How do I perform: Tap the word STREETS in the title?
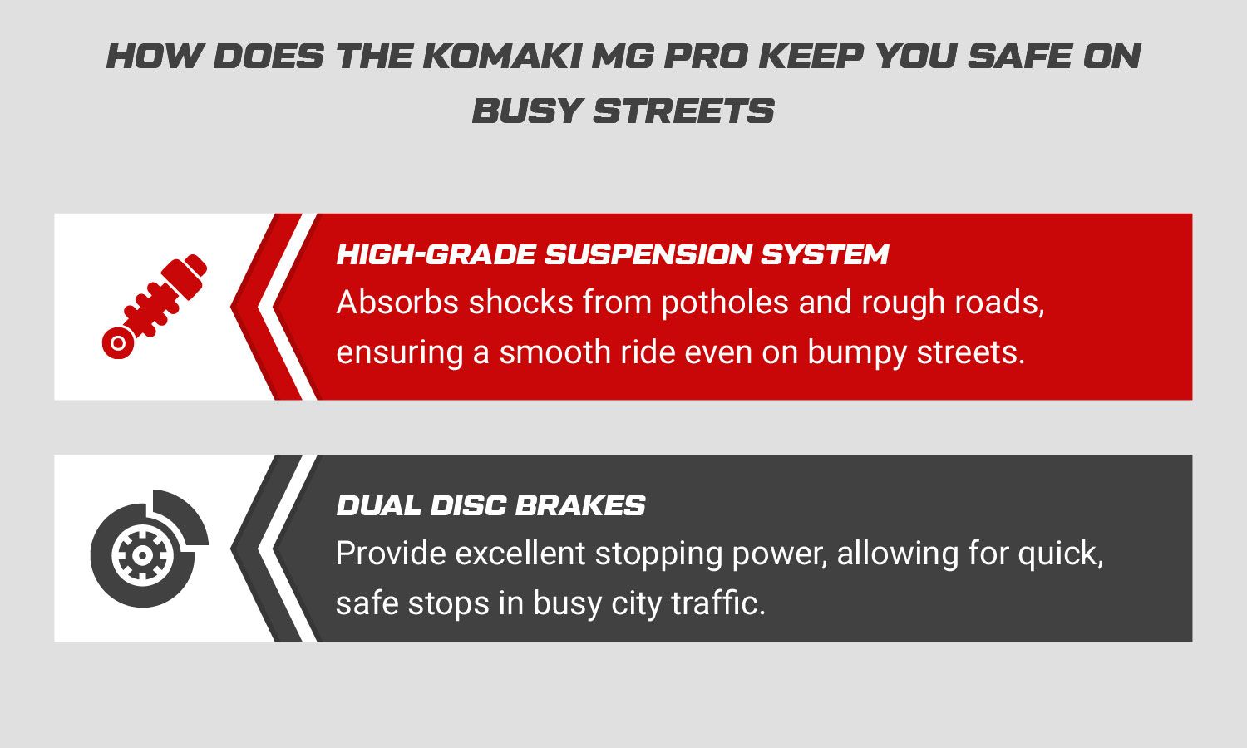tap(683, 111)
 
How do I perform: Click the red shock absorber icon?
tap(154, 306)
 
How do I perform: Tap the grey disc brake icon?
tap(149, 549)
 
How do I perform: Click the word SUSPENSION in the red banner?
tap(648, 255)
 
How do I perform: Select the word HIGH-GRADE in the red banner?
tap(436, 255)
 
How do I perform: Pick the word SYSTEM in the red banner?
tap(825, 255)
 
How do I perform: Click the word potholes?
tap(726, 303)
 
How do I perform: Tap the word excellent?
tap(520, 554)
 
